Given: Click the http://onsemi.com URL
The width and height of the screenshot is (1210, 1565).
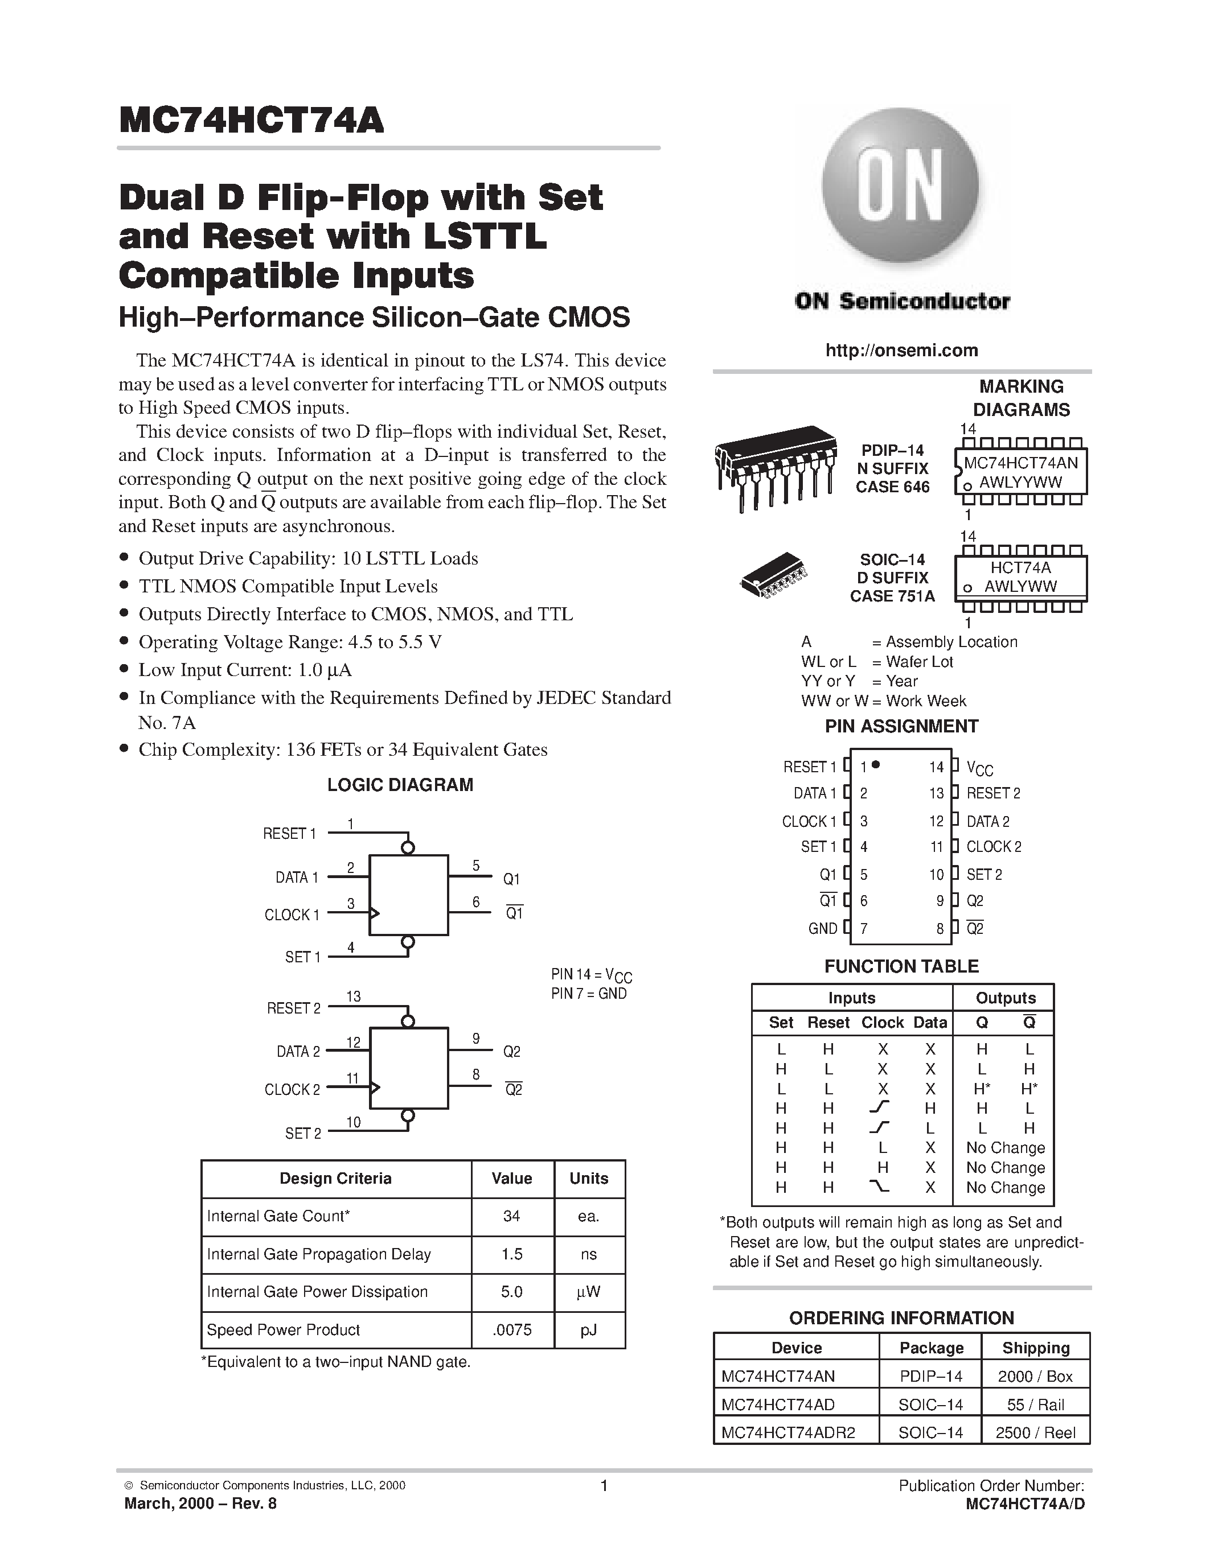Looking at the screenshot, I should point(901,351).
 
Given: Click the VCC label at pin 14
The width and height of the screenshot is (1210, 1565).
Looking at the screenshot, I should point(979,768).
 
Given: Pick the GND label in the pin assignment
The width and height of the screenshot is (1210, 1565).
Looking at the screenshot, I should point(822,929).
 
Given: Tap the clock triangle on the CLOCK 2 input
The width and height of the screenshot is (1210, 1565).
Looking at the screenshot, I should point(374,1087).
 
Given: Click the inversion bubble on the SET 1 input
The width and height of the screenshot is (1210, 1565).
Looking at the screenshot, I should point(408,942).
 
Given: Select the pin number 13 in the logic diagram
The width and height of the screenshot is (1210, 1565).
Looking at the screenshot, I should point(354,996).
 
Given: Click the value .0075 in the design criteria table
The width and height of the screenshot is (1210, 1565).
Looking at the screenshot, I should point(512,1330).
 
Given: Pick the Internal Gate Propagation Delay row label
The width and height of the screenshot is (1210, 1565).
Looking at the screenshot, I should point(319,1254).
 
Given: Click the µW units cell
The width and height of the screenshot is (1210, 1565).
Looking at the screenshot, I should point(589,1292).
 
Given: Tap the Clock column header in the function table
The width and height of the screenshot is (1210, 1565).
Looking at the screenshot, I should point(883,1023).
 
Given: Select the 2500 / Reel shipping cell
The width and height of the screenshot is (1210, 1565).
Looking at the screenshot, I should point(1035,1432).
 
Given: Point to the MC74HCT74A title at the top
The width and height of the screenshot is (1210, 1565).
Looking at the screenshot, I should point(252,121).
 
